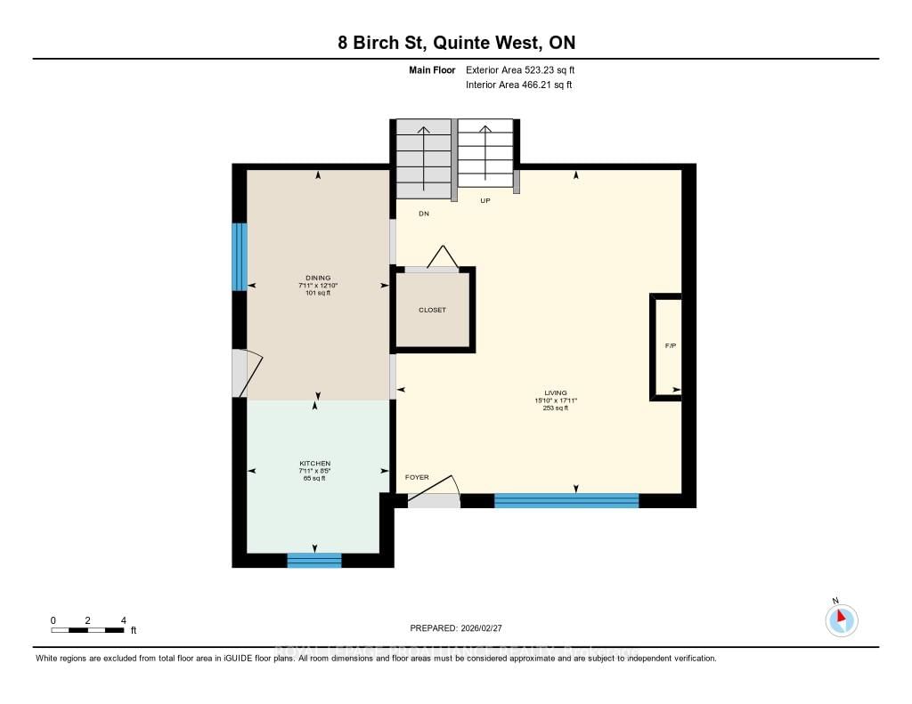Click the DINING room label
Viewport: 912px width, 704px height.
click(x=319, y=278)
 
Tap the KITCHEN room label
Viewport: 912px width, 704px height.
click(x=315, y=464)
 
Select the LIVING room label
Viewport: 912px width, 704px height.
click(x=556, y=392)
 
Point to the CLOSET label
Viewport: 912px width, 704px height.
click(x=432, y=310)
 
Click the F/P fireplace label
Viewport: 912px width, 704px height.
click(x=671, y=345)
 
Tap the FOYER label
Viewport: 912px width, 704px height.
click(x=417, y=478)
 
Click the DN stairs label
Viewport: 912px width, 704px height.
click(x=424, y=214)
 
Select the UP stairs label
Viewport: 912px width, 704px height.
click(x=485, y=201)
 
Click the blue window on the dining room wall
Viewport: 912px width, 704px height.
click(x=239, y=256)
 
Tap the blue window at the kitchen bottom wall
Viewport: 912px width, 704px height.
click(x=313, y=560)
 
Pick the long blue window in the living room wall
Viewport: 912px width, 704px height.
click(x=566, y=500)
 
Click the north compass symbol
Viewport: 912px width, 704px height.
click(x=841, y=619)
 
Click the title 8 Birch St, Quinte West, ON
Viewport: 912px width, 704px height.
click(x=455, y=44)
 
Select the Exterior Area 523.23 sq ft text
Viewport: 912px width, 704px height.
click(x=526, y=69)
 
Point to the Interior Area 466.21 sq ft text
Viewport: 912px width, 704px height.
click(x=518, y=85)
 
